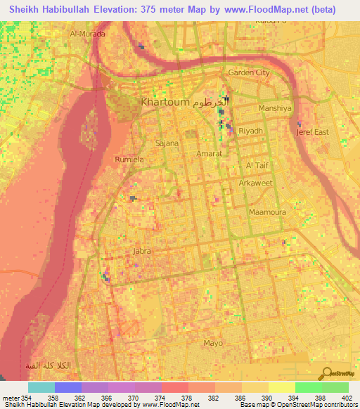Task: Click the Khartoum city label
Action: click(165, 103)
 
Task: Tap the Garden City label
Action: click(249, 72)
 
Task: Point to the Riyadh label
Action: click(251, 131)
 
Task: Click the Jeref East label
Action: click(312, 132)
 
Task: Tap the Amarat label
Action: click(209, 152)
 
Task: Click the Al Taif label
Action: click(257, 164)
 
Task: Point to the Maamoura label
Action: click(266, 211)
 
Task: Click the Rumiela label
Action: click(129, 160)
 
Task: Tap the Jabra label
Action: click(142, 250)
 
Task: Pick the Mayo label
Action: click(212, 343)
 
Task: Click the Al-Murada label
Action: click(88, 34)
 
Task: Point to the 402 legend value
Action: click(347, 399)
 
